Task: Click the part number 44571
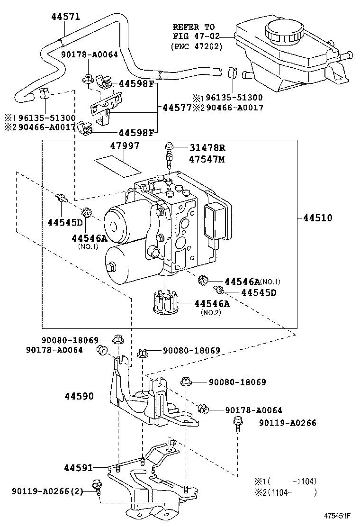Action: pyautogui.click(x=66, y=17)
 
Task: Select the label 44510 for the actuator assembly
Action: pyautogui.click(x=318, y=218)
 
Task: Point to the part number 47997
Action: pyautogui.click(x=125, y=145)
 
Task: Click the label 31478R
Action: pyautogui.click(x=207, y=147)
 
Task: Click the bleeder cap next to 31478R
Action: pyautogui.click(x=169, y=146)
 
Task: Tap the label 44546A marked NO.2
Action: pyautogui.click(x=212, y=303)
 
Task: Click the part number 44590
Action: pyautogui.click(x=79, y=396)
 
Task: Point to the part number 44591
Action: pyautogui.click(x=79, y=467)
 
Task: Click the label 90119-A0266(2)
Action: pyautogui.click(x=47, y=491)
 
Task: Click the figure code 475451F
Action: pyautogui.click(x=337, y=516)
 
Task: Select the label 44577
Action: pyautogui.click(x=177, y=108)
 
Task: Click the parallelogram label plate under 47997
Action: pyautogui.click(x=117, y=167)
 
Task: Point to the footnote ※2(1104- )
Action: pyautogui.click(x=286, y=492)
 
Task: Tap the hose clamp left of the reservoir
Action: pyautogui.click(x=232, y=72)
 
